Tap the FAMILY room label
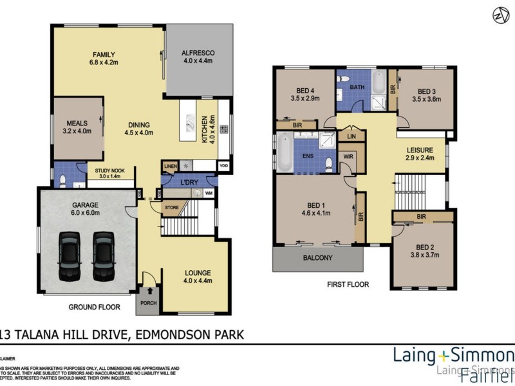[x=103, y=54]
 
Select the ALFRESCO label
[x=198, y=53]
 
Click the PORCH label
[x=148, y=304]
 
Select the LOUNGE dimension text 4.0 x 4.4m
[x=196, y=280]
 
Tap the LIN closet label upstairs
[x=351, y=137]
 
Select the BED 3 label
[x=427, y=91]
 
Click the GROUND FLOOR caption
[x=95, y=308]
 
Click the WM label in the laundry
[x=209, y=192]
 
